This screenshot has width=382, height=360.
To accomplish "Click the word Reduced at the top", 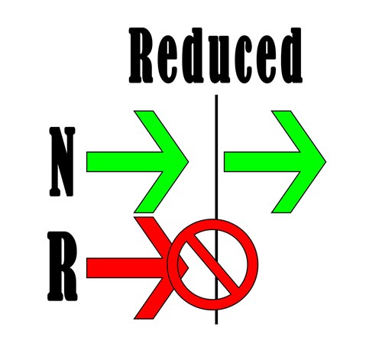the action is [x=215, y=55].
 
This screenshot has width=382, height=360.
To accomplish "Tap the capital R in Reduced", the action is [x=141, y=55].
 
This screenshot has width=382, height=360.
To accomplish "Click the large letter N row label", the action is [x=62, y=161].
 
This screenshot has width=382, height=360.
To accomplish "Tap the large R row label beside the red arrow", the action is [x=62, y=266].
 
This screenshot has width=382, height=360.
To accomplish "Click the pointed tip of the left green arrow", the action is [x=188, y=161].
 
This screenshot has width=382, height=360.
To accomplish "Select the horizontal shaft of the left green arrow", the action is [x=125, y=161].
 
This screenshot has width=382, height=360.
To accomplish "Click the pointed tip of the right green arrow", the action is [x=325, y=161].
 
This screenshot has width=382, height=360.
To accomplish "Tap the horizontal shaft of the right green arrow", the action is [x=262, y=161].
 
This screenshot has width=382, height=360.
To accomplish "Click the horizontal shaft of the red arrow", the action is [x=126, y=268].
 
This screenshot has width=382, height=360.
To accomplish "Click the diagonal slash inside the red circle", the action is [x=212, y=264].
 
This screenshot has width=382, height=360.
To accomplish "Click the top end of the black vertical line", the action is [x=216, y=96].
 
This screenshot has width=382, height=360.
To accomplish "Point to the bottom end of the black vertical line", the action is [x=216, y=324].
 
